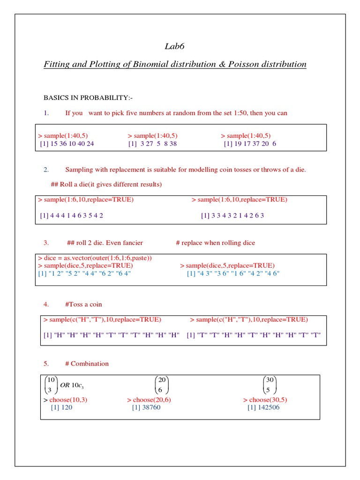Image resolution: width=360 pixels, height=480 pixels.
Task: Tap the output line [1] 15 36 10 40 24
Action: [67, 144]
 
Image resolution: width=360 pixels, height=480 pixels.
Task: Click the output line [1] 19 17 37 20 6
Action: [250, 144]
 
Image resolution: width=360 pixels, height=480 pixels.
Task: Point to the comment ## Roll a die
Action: [106, 184]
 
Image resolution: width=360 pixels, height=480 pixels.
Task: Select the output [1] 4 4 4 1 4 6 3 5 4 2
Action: [72, 216]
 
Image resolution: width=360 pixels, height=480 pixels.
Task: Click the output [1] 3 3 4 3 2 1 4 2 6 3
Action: [232, 216]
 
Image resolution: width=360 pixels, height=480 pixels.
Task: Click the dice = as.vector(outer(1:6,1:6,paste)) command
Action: [95, 258]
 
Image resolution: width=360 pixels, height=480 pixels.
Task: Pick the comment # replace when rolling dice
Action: [215, 243]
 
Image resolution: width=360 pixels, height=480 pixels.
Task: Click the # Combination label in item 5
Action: [87, 363]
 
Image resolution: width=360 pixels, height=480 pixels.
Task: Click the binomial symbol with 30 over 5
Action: [270, 385]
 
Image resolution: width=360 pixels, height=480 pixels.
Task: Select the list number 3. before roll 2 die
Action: [46, 243]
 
